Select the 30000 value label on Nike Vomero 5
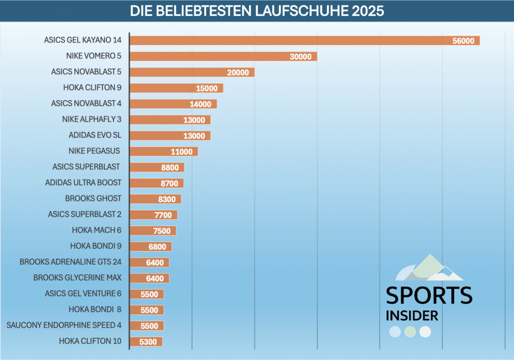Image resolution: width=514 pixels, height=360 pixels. point(300,57)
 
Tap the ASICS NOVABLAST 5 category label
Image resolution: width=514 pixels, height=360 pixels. point(86,72)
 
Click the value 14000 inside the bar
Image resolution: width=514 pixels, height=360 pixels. point(200,104)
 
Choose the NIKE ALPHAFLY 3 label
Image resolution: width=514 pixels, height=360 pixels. point(92,119)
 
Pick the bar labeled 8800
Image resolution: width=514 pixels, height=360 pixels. point(157,167)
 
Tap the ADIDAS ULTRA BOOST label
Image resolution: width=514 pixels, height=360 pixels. point(83,182)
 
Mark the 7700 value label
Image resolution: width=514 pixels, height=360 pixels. point(163,215)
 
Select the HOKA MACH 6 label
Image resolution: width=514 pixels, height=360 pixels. point(97,230)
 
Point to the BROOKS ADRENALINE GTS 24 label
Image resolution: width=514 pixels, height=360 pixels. point(70,262)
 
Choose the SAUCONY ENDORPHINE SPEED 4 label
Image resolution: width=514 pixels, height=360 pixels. point(64,325)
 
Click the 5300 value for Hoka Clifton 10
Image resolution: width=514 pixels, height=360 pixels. point(149,342)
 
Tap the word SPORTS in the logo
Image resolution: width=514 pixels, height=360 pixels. point(429,295)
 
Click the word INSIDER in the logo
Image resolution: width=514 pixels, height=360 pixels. point(412,316)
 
